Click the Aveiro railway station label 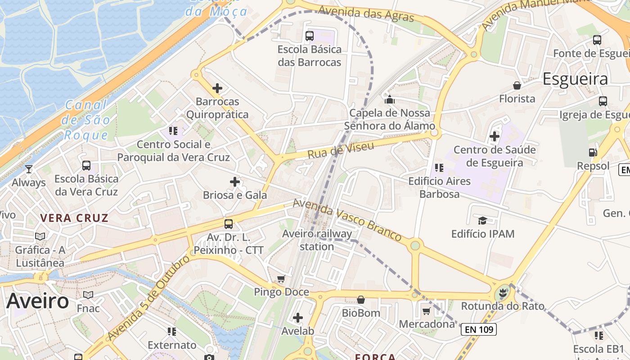click(317, 240)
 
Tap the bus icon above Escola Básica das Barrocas click(310, 36)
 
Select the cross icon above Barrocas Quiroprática click(217, 88)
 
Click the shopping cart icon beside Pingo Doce click(281, 279)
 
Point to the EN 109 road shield click(479, 329)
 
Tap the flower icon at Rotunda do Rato click(503, 293)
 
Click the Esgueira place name click(575, 79)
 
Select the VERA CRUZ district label click(74, 218)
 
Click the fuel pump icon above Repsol click(593, 153)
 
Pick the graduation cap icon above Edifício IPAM click(482, 220)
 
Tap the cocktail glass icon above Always click(29, 169)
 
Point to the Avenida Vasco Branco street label click(347, 220)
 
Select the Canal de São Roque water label click(86, 120)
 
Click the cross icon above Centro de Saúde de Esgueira click(495, 136)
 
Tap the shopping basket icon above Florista click(517, 85)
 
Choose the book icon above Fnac click(88, 295)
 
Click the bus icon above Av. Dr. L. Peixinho click(229, 224)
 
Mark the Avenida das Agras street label click(366, 13)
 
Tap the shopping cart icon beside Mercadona click(427, 311)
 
